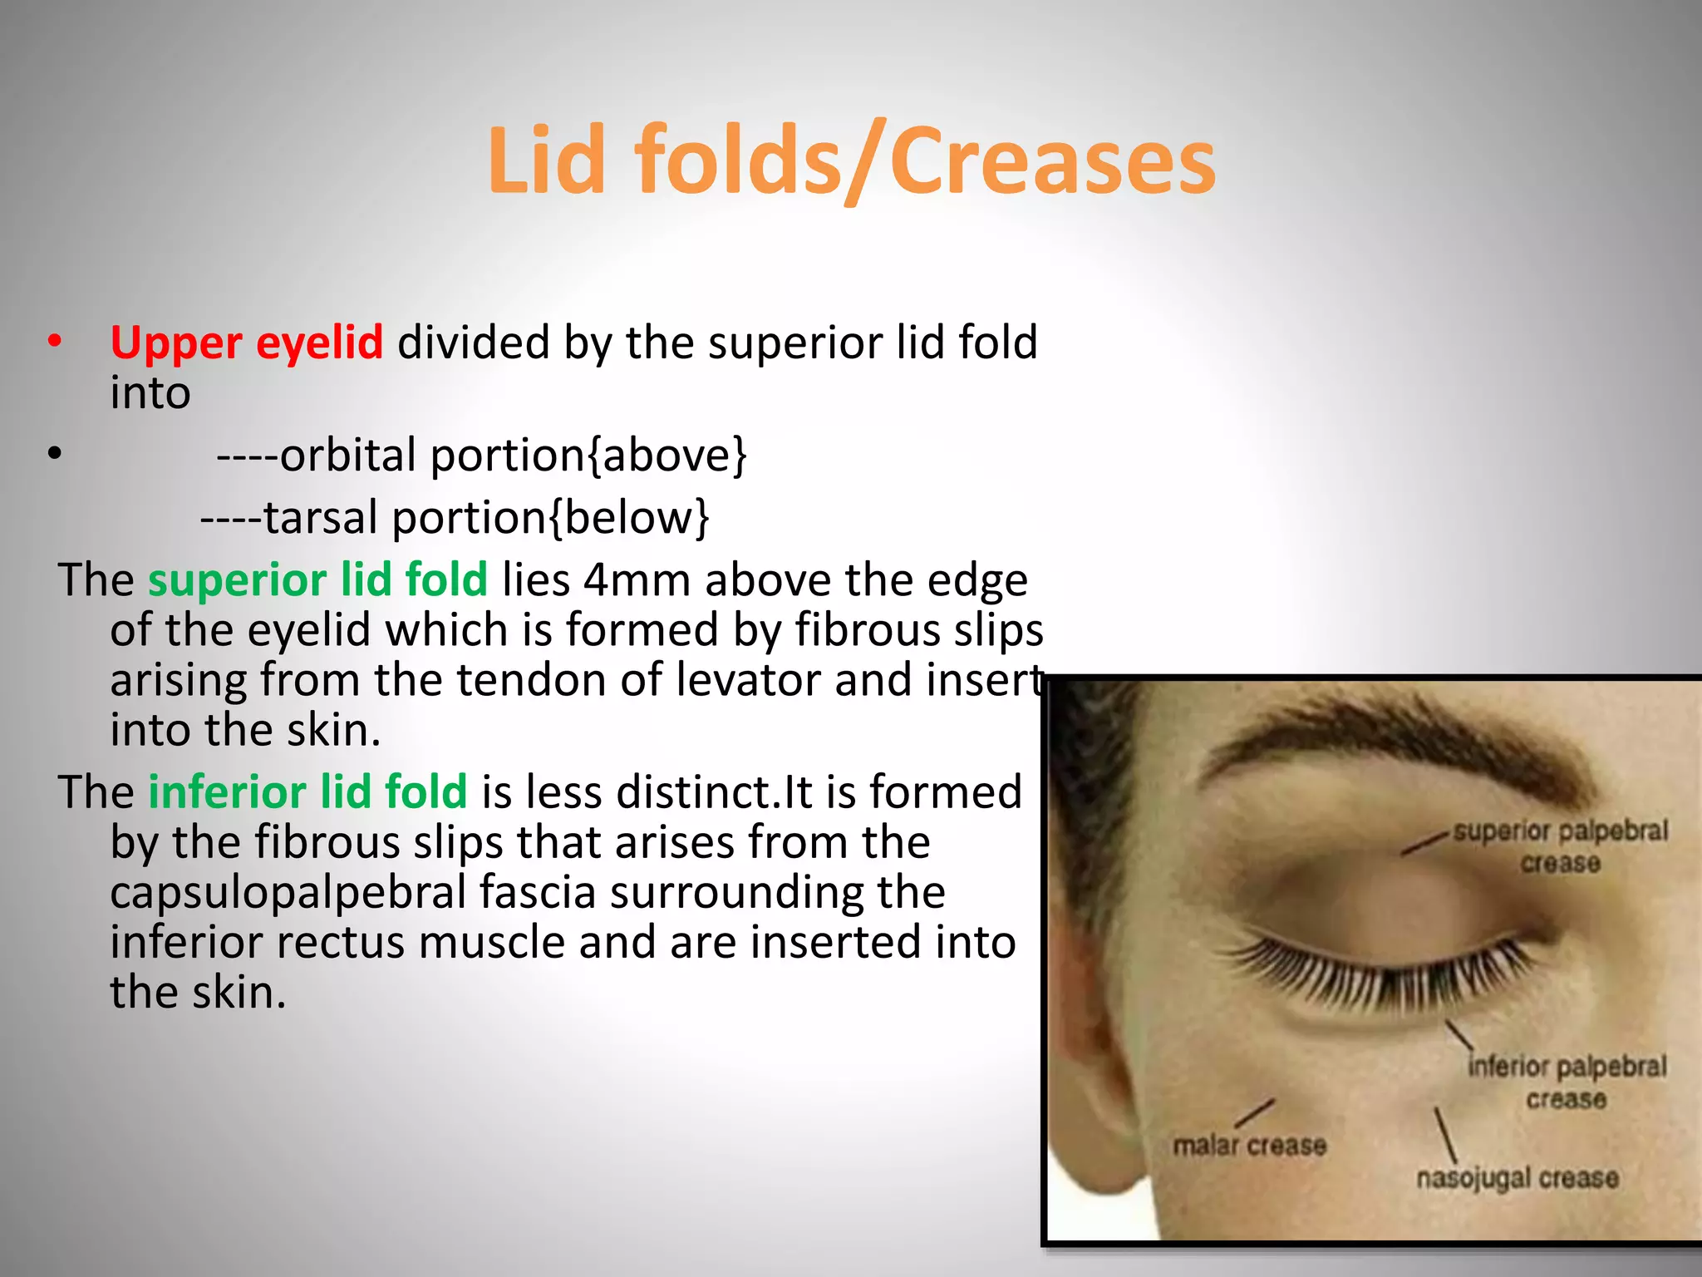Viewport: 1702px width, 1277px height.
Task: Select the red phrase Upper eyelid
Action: [246, 343]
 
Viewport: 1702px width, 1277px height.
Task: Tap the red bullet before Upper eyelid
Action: [55, 342]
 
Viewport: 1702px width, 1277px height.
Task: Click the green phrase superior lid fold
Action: [317, 580]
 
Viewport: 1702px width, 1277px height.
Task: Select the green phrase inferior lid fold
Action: [307, 792]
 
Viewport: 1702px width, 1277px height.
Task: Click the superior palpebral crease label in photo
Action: [1560, 846]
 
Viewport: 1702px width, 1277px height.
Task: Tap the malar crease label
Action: [1248, 1146]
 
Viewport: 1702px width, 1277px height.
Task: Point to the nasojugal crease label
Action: [1517, 1178]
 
